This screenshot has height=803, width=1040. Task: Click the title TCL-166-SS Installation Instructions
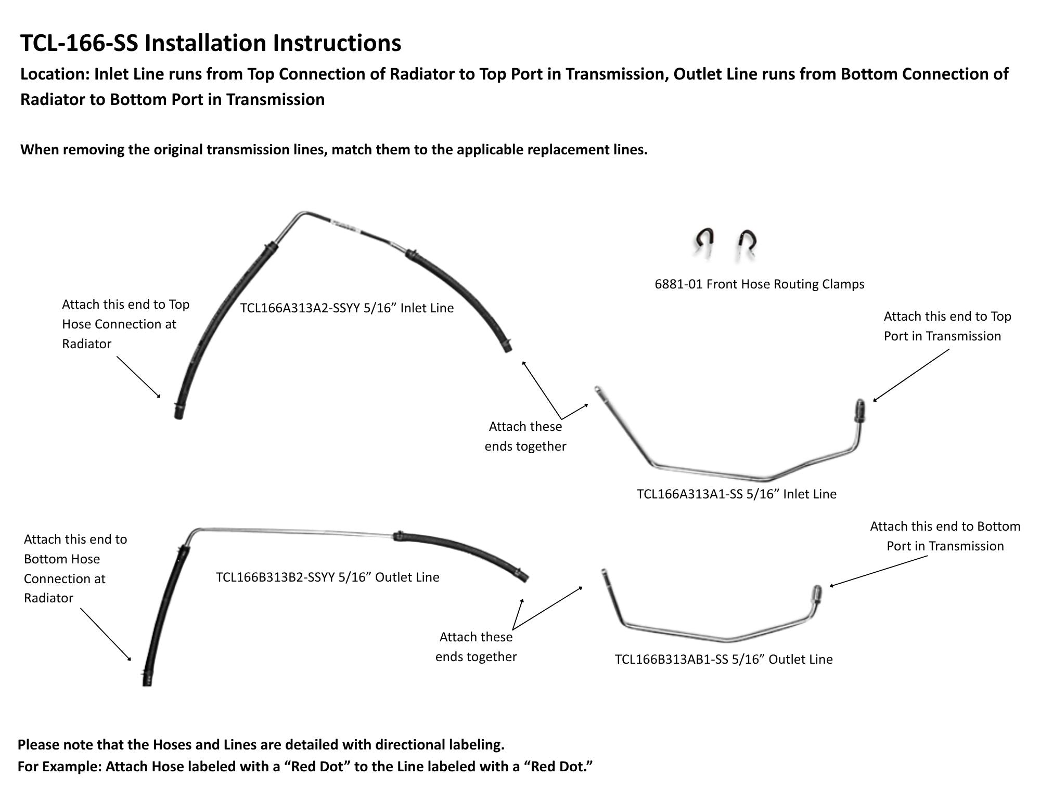[211, 43]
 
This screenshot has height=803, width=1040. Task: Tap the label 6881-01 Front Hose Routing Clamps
[759, 284]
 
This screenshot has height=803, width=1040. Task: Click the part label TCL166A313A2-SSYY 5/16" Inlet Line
[346, 308]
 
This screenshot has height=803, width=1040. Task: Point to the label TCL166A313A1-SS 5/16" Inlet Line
[736, 494]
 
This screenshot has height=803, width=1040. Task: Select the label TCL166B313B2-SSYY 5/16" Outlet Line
[327, 577]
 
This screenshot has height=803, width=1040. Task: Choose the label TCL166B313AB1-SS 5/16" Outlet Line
[723, 659]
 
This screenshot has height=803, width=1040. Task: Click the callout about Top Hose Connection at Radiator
[125, 324]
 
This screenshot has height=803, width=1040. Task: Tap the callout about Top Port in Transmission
[947, 326]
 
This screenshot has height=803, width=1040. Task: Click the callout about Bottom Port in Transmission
[945, 536]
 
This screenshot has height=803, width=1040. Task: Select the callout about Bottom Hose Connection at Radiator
[75, 568]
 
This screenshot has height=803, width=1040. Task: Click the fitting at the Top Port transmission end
[859, 410]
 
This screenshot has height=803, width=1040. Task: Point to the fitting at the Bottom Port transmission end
[816, 594]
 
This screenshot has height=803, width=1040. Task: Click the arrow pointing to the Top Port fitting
[910, 375]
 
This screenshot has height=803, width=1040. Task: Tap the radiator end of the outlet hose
[147, 678]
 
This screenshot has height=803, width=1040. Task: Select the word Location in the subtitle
[55, 74]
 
